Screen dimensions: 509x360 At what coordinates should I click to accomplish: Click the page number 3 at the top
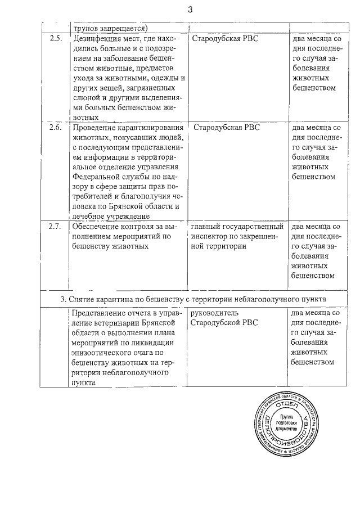click(x=190, y=10)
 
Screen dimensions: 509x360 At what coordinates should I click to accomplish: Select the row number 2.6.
click(x=55, y=128)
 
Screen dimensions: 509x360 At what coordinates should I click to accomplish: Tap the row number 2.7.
click(x=55, y=227)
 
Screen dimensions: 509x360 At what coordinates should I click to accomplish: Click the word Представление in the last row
click(x=100, y=313)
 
